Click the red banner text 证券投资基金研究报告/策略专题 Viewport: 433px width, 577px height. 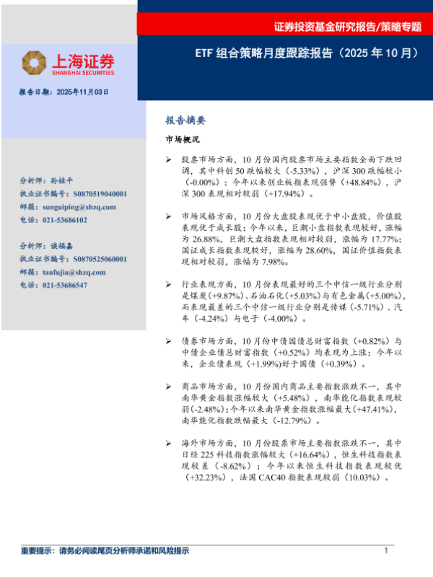pyautogui.click(x=347, y=27)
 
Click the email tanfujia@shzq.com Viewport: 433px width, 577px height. pyautogui.click(x=72, y=273)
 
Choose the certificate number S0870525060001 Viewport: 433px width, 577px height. pyautogui.click(x=100, y=260)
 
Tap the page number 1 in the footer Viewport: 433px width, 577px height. pyautogui.click(x=386, y=550)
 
